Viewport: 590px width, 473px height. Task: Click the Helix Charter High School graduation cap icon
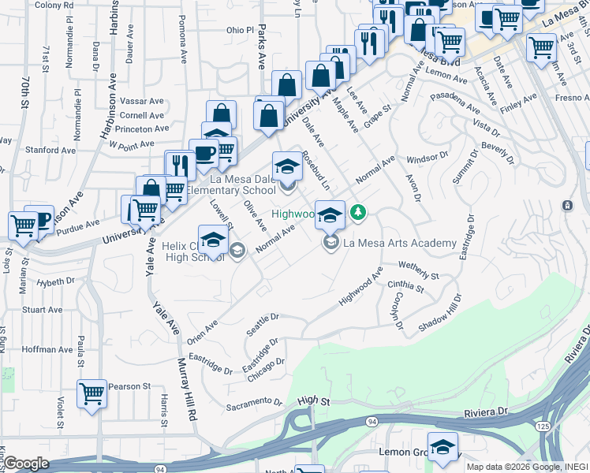(x=212, y=240)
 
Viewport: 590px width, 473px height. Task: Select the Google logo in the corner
(x=26, y=464)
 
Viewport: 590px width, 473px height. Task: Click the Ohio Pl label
(x=241, y=30)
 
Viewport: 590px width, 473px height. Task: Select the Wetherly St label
(x=418, y=271)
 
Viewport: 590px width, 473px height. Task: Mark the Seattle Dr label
(x=263, y=325)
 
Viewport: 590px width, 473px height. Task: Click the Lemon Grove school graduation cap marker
(x=443, y=447)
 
